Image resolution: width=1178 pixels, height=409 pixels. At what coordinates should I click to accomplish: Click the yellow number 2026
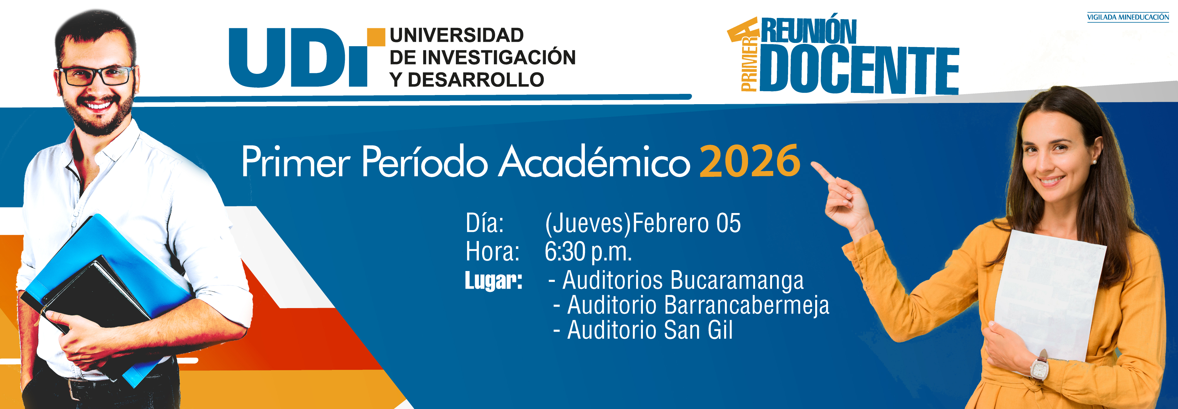click(750, 161)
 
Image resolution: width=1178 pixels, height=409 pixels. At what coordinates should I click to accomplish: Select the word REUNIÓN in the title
click(808, 31)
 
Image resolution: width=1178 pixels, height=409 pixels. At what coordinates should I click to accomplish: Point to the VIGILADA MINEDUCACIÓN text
click(1128, 17)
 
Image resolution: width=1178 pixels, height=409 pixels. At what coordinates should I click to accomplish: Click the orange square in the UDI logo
click(376, 37)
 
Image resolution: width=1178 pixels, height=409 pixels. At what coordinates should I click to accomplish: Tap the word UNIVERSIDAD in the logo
click(457, 35)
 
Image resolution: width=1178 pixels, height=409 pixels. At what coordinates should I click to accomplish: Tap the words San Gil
click(698, 330)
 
